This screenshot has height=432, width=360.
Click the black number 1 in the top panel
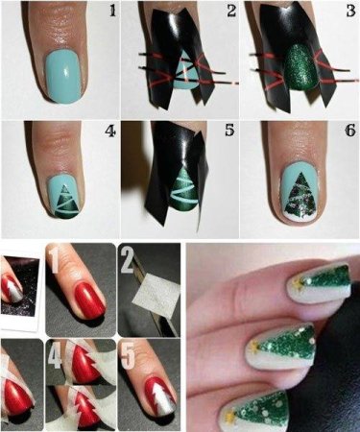point(112,11)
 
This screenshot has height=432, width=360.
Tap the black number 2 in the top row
point(231,11)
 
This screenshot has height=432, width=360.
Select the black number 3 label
point(350,11)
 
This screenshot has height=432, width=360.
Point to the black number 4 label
point(110,132)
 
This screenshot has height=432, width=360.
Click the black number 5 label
point(229,131)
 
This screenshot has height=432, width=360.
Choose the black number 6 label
point(349,131)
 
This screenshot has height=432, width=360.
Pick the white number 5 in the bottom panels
point(128,354)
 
